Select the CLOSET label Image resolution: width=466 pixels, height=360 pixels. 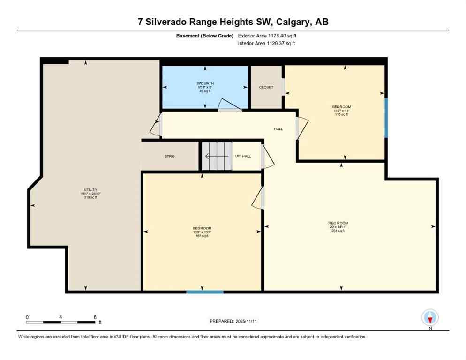(x=266, y=87)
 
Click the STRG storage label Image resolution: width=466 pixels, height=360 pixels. (x=170, y=156)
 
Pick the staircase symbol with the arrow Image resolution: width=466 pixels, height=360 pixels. (x=217, y=156)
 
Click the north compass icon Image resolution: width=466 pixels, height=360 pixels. (x=429, y=317)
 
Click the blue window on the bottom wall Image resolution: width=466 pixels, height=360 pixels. (x=205, y=292)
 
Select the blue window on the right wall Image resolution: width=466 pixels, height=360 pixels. (x=386, y=118)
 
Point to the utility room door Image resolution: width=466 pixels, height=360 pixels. (x=156, y=126)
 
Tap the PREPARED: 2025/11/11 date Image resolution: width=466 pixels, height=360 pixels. (x=234, y=321)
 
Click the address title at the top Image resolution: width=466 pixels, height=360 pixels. (x=233, y=22)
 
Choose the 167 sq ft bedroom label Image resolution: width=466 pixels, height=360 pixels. (x=202, y=232)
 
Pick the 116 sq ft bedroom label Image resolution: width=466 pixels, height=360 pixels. (x=341, y=111)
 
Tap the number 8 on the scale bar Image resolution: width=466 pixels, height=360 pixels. (x=95, y=317)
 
